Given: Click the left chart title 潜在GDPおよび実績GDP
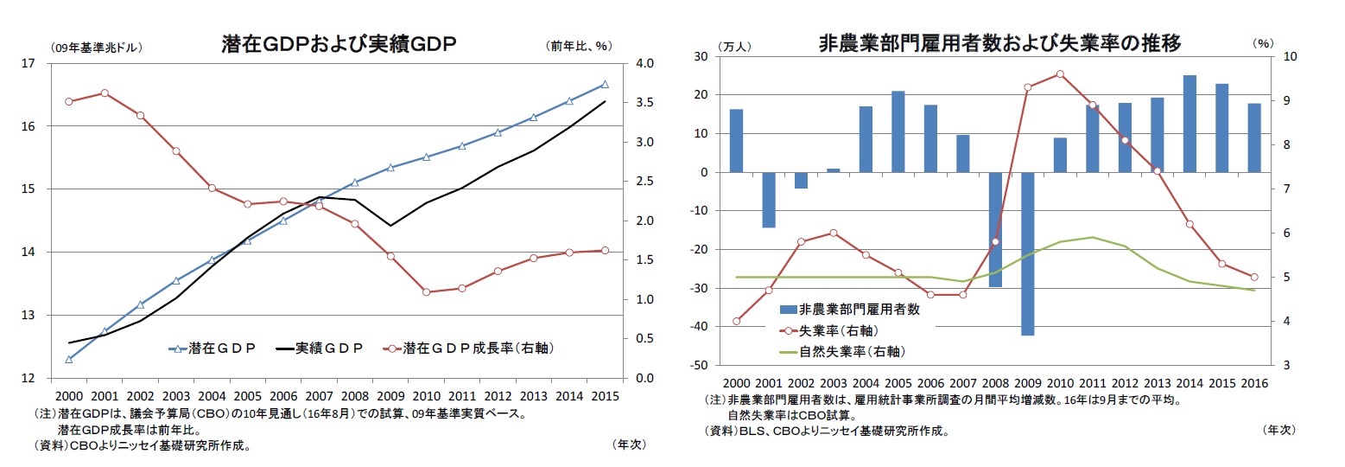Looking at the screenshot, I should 339,44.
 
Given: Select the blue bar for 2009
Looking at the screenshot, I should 1028,253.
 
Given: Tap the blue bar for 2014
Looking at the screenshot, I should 1190,124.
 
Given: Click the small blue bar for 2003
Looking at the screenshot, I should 833,170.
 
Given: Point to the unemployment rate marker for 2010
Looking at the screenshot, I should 1060,74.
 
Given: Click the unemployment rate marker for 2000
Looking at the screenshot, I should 736,321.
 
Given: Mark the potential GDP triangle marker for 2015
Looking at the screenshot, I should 605,85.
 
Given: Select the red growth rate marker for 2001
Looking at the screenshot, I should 105,93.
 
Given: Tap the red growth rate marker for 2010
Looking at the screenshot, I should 427,291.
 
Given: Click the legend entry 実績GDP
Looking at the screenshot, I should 320,348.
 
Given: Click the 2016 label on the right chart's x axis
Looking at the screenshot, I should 1253,383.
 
